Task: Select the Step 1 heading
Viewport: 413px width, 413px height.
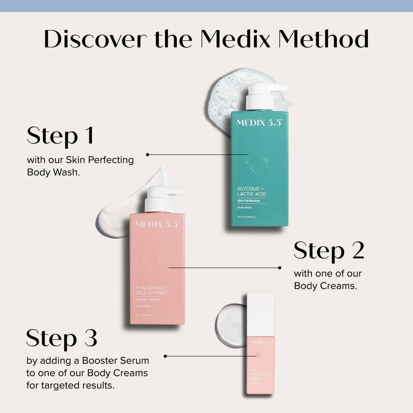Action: point(60,136)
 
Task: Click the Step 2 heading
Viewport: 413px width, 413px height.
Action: point(329,251)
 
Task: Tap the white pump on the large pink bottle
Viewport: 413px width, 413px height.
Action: point(161,197)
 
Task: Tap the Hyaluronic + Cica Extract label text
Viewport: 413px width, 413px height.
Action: point(152,290)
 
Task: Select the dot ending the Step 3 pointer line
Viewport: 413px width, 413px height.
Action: point(165,356)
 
